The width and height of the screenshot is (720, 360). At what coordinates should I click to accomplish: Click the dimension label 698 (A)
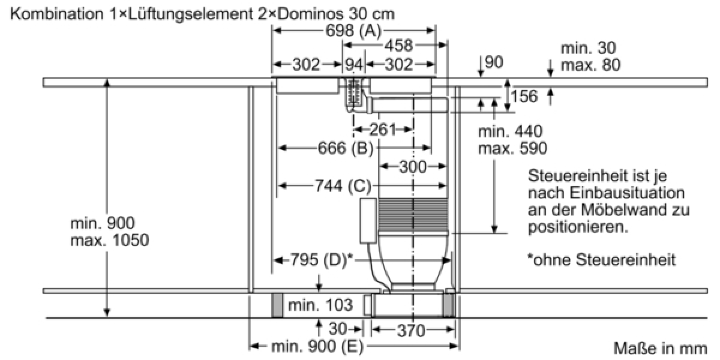[x=353, y=31]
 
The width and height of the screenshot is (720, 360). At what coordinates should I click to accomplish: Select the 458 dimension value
[x=398, y=46]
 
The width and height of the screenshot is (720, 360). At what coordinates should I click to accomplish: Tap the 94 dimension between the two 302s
[x=353, y=65]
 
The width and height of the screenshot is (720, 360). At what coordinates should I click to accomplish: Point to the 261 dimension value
[x=382, y=130]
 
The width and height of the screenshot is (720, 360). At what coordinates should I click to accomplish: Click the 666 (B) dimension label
[x=346, y=148]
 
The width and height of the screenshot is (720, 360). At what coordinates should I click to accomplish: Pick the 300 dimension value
[x=413, y=167]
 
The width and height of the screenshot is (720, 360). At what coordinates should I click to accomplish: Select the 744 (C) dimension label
[x=343, y=186]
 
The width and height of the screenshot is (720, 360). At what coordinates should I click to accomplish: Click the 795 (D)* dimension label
[x=322, y=260]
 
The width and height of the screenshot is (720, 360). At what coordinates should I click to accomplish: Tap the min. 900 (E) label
[x=317, y=347]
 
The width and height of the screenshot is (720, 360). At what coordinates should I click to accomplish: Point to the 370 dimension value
[x=412, y=331]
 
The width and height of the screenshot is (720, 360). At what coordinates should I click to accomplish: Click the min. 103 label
[x=320, y=305]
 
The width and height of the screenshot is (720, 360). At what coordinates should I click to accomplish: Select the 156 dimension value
[x=524, y=97]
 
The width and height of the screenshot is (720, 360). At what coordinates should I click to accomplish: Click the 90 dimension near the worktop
[x=494, y=62]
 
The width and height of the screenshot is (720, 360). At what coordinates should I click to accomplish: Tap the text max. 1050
[x=110, y=241]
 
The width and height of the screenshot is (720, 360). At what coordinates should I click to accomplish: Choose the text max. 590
[x=512, y=149]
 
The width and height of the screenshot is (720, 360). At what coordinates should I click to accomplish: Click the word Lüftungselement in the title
[x=188, y=14]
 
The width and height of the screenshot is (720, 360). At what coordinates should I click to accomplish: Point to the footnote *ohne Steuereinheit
[x=601, y=260]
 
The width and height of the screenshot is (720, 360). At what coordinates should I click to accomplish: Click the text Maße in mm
[x=660, y=349]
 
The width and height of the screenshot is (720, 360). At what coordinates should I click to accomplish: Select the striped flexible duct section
[x=413, y=214]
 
